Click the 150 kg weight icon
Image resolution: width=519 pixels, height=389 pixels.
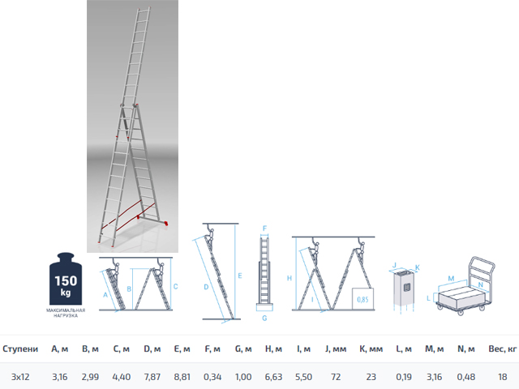coord(66,279)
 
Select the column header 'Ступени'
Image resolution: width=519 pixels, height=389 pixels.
coord(20,349)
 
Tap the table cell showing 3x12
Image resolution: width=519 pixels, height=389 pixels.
coord(20,377)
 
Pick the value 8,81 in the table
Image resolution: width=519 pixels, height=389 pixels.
coord(182,377)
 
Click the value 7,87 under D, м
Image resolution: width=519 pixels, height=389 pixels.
coord(152,377)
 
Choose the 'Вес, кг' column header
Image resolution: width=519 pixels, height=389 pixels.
coord(503,349)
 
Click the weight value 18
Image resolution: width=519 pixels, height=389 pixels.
coord(503,377)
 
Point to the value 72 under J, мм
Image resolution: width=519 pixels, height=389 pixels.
coord(336,377)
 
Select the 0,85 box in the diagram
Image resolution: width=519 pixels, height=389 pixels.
coord(362,299)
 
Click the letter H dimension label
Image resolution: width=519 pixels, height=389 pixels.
coord(290,278)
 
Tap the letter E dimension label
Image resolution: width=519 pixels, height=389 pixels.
coord(240,276)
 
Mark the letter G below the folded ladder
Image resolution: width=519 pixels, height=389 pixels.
coord(264,318)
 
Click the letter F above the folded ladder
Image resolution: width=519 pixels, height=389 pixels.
coord(264,229)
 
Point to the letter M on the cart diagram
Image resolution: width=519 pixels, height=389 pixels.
coord(451,279)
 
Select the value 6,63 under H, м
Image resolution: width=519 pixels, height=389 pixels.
coord(273,377)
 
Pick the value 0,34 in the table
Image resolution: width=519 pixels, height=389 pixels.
coord(212,377)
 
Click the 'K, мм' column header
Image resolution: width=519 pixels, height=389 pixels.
coord(371,349)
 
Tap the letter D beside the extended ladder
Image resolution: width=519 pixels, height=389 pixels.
coord(206,287)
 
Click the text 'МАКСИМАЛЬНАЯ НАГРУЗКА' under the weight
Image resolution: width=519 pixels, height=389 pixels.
coord(66,313)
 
